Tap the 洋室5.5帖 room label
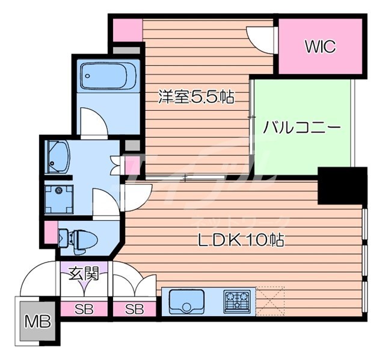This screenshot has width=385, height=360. click(196, 96)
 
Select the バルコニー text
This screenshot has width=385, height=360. click(303, 128)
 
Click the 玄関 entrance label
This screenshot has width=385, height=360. click(84, 273)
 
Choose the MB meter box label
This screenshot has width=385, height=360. click(37, 322)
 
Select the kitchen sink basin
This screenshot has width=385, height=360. click(186, 301)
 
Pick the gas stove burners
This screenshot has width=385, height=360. click(236, 301)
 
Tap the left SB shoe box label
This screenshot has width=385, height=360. click(84, 310)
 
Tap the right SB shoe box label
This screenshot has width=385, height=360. click(135, 310)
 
